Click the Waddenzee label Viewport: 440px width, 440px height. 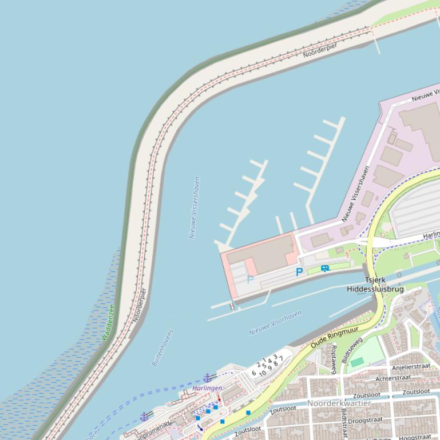(108, 322)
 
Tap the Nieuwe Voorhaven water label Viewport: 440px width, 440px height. (275, 323)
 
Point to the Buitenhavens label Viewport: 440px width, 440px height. (162, 347)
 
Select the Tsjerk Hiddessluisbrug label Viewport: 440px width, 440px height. (375, 285)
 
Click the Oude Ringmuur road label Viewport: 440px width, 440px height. (335, 337)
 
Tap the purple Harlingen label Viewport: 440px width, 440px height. (207, 388)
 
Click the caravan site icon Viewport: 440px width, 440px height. (325, 268)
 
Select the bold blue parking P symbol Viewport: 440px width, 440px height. (299, 273)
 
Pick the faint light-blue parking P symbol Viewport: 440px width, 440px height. (250, 279)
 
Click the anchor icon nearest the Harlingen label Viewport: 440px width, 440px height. (207, 378)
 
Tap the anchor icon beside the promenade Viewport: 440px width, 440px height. (144, 417)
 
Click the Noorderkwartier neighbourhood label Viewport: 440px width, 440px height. (339, 403)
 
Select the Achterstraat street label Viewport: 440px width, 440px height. (394, 378)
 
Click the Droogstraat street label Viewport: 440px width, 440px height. (365, 420)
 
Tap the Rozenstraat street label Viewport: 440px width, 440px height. (334, 359)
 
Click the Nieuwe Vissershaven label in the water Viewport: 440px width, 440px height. (195, 207)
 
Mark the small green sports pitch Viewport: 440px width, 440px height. (357, 362)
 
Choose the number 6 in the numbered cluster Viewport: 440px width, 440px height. (254, 373)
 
